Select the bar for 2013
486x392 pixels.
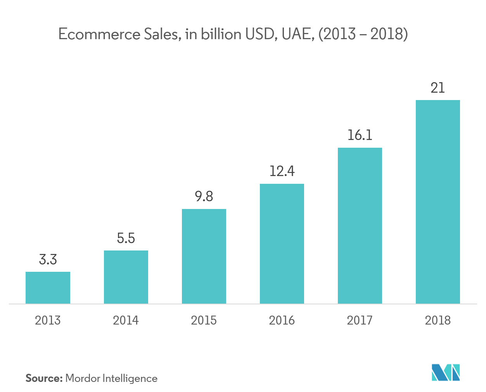pyautogui.click(x=48, y=288)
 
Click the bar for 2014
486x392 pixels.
pyautogui.click(x=126, y=277)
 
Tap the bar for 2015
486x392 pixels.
pyautogui.click(x=204, y=256)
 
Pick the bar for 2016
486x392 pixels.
pyautogui.click(x=282, y=243)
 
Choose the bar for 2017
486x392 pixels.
pyautogui.click(x=360, y=226)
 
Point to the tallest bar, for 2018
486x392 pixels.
pyautogui.click(x=438, y=202)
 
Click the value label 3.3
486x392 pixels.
pyautogui.click(x=48, y=260)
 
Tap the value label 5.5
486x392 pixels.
pyautogui.click(x=126, y=238)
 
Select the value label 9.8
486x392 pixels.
pyautogui.click(x=204, y=197)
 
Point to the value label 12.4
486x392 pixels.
pyautogui.click(x=282, y=171)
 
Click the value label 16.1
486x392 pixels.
pyautogui.click(x=360, y=135)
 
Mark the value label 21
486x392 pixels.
pyautogui.click(x=438, y=88)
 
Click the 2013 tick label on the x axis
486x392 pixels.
pyautogui.click(x=48, y=320)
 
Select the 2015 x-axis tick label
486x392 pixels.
pyautogui.click(x=204, y=320)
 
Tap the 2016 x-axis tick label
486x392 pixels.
pyautogui.click(x=282, y=320)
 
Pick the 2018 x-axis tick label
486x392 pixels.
pyautogui.click(x=438, y=320)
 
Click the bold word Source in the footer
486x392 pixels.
pyautogui.click(x=44, y=378)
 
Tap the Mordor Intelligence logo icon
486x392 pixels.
pyautogui.click(x=446, y=373)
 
